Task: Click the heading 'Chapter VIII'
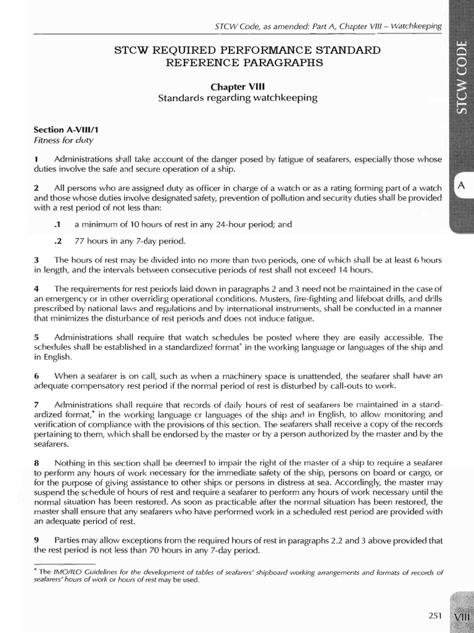click(238, 87)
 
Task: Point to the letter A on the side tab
click(460, 184)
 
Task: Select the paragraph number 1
click(36, 159)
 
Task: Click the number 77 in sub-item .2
click(80, 240)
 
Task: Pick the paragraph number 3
click(36, 260)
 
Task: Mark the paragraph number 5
click(36, 338)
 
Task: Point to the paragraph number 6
click(36, 375)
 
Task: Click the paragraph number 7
click(36, 404)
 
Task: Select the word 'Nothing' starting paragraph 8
click(70, 462)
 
